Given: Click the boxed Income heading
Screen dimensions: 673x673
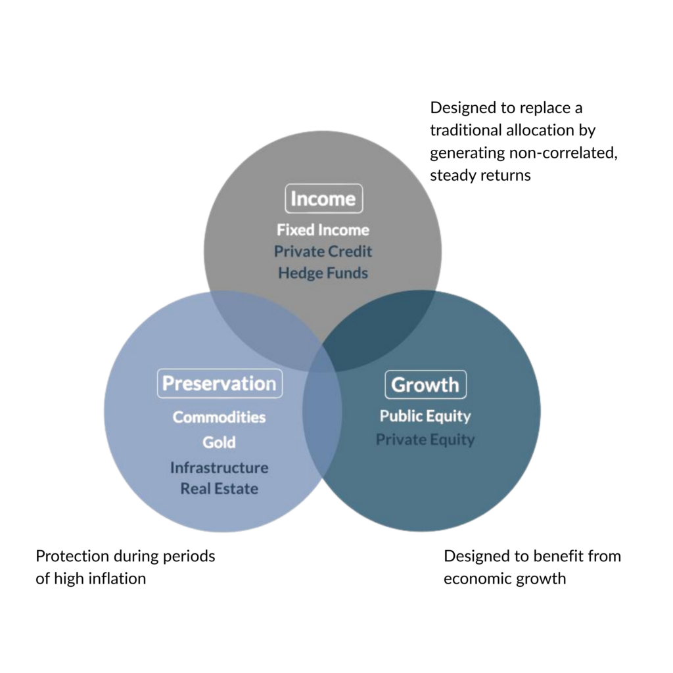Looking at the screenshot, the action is [323, 198].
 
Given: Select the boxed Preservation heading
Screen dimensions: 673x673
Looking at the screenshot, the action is [220, 383].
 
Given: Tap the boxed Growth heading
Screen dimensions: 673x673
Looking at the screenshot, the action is [425, 384].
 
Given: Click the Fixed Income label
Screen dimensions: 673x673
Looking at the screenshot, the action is [323, 230].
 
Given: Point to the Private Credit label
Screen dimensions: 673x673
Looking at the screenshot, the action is [323, 252].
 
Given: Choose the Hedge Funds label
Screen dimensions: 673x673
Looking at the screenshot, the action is [323, 273].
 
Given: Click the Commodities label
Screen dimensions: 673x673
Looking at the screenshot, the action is [219, 417].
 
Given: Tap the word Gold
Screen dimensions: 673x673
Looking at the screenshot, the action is [219, 442].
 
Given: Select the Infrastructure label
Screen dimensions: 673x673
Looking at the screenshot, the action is [219, 467].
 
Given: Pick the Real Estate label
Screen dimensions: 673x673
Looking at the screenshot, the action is [219, 488].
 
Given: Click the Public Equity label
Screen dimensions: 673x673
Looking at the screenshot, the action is [425, 416].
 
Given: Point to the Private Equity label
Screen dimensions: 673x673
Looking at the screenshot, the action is [425, 440].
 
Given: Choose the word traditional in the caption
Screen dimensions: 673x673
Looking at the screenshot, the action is [466, 130].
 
